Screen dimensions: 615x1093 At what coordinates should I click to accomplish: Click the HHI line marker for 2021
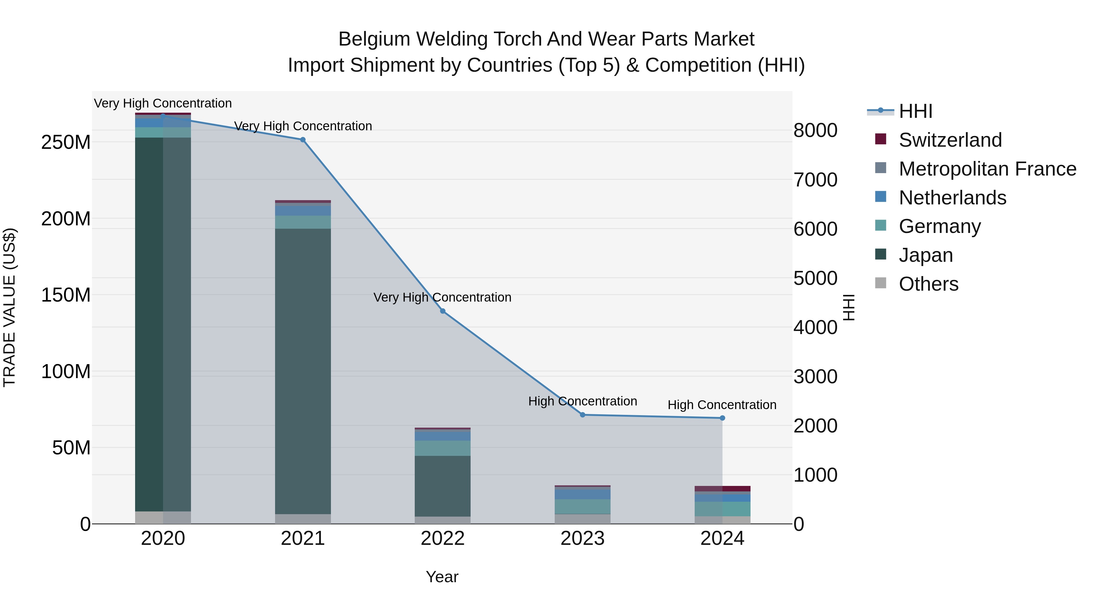click(x=302, y=140)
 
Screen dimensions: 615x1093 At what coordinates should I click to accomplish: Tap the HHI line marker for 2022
click(x=443, y=311)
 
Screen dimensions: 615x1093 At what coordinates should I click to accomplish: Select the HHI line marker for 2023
click(x=583, y=415)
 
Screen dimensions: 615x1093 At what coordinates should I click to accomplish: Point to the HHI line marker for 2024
click(x=722, y=418)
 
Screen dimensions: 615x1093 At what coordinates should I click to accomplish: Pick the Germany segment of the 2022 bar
click(x=443, y=448)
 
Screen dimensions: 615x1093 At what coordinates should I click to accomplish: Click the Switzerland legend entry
click(x=950, y=140)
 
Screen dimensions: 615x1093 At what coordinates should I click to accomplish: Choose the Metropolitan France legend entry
click(x=987, y=169)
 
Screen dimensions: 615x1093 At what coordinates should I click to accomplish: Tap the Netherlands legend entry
click(x=952, y=198)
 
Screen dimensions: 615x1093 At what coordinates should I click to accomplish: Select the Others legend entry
click(x=928, y=284)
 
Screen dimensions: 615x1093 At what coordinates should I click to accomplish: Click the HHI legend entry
click(x=915, y=111)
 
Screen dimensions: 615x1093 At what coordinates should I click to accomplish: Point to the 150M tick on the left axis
click(x=66, y=295)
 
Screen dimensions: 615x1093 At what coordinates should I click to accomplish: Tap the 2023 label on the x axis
click(x=583, y=538)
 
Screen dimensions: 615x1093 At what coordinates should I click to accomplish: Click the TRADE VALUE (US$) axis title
click(x=10, y=307)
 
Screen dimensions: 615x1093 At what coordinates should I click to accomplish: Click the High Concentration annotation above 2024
click(x=722, y=405)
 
